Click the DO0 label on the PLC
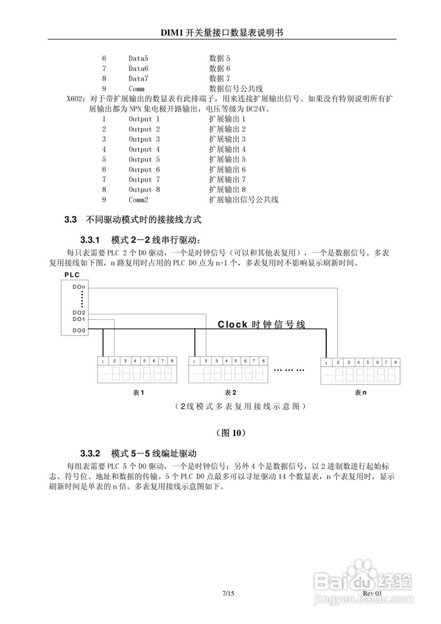click(x=79, y=331)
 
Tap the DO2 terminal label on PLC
click(x=79, y=312)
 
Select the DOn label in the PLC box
click(x=79, y=287)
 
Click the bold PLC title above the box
click(x=72, y=275)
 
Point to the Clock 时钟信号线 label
click(x=261, y=325)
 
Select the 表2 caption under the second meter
click(x=230, y=392)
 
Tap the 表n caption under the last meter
click(x=361, y=393)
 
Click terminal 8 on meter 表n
click(x=395, y=363)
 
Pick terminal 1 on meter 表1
click(x=103, y=361)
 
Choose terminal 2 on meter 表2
click(x=206, y=361)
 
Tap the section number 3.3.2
click(x=90, y=453)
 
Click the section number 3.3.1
click(x=90, y=240)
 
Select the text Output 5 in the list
click(x=144, y=159)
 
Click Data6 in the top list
click(x=138, y=69)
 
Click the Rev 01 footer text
click(x=374, y=593)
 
